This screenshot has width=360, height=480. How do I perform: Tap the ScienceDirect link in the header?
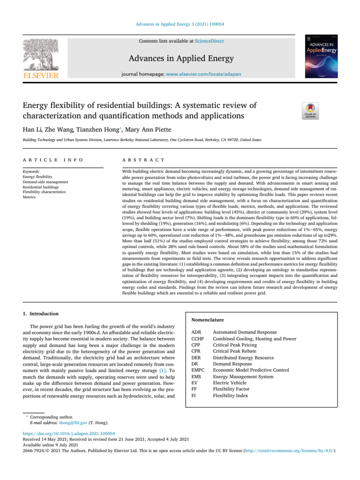(209, 41)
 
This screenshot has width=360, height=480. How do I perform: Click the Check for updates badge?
(313, 111)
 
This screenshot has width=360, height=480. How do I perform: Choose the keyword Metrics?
(29, 197)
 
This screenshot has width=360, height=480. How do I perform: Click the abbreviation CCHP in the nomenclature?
(198, 338)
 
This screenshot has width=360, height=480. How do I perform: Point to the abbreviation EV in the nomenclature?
(195, 382)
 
